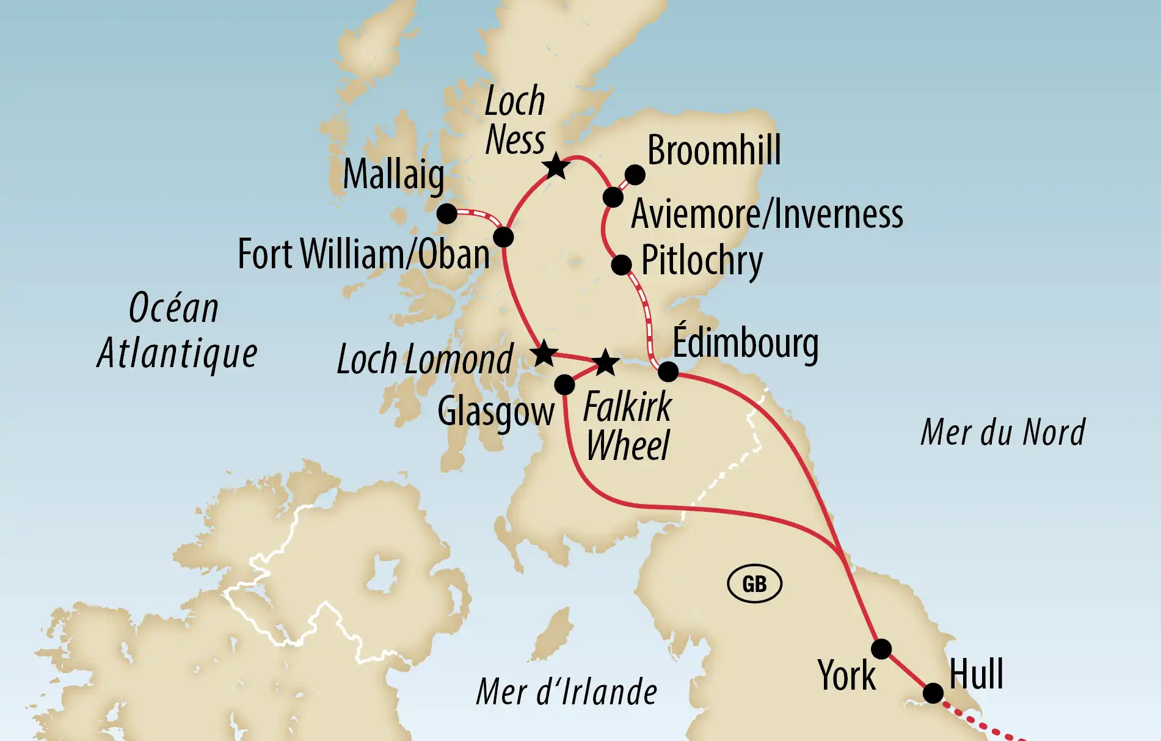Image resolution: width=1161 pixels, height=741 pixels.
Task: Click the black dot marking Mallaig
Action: tap(447, 214)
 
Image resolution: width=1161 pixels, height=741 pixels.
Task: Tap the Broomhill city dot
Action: tap(635, 175)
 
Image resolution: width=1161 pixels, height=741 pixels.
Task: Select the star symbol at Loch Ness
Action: tap(556, 166)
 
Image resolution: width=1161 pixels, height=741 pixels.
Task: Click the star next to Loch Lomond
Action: tap(544, 353)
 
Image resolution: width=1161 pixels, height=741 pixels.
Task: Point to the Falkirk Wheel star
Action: tap(606, 362)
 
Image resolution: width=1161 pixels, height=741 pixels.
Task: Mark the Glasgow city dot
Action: tap(564, 385)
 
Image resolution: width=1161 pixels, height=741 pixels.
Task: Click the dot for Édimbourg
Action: tap(668, 371)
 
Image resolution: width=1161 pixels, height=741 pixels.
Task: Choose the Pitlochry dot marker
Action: tap(621, 265)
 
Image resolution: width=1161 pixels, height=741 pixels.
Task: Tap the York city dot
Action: tap(881, 649)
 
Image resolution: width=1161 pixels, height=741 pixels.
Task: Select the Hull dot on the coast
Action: tap(933, 693)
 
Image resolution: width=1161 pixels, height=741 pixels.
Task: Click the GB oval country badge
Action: tap(754, 584)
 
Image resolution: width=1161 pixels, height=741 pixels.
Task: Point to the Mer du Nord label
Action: tap(1003, 433)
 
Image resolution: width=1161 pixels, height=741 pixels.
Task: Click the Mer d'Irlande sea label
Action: tap(566, 692)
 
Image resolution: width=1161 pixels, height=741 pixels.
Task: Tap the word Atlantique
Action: tap(177, 354)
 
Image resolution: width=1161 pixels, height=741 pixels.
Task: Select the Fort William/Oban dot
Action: tap(503, 237)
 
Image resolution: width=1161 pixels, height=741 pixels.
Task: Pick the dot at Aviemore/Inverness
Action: tap(613, 197)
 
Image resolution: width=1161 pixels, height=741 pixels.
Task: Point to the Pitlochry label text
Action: tap(702, 261)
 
